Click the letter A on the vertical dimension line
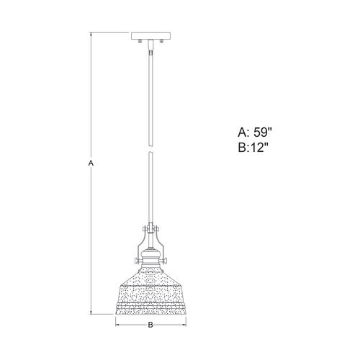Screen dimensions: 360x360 point(91,164)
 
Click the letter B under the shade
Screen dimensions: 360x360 point(150,325)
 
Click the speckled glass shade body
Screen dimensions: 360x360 point(150,288)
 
